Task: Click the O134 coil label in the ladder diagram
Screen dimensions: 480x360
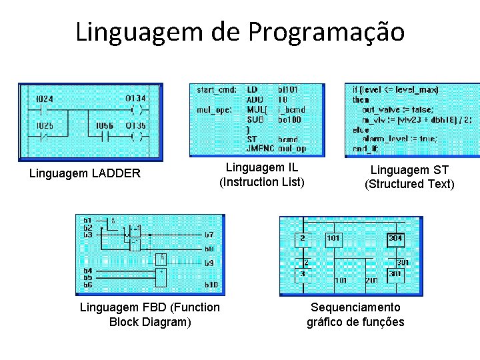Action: pos(135,98)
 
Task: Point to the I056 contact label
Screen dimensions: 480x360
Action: pos(104,125)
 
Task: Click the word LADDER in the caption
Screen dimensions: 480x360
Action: pos(117,174)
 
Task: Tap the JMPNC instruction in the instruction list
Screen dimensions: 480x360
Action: pos(261,149)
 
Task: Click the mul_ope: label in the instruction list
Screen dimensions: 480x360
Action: pos(214,109)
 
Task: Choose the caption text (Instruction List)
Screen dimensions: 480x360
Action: pos(262,182)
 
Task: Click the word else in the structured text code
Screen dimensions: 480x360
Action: pos(360,130)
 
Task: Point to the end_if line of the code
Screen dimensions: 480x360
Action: pos(365,149)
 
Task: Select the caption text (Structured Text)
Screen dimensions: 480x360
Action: pos(409,184)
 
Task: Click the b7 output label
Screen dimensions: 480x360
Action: pos(209,235)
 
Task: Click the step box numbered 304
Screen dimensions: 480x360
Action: pos(396,239)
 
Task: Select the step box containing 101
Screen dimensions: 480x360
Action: pos(333,239)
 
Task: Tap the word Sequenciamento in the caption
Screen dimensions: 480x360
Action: pos(356,307)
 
